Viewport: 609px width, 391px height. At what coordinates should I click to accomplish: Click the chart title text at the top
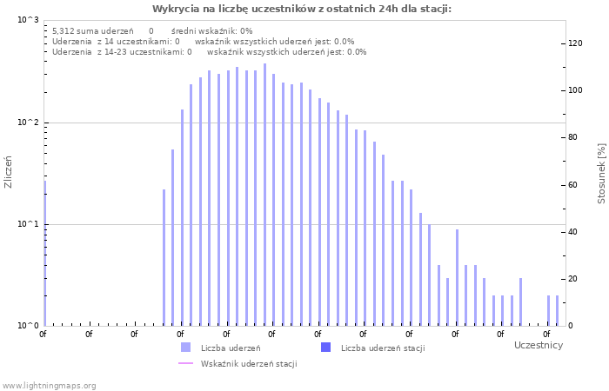pyautogui.click(x=302, y=9)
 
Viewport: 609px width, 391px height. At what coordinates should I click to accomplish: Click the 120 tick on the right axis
pyautogui.click(x=575, y=43)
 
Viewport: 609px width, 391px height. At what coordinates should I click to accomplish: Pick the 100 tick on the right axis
pyautogui.click(x=575, y=90)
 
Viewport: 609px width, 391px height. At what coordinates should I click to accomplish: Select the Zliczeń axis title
pyautogui.click(x=9, y=172)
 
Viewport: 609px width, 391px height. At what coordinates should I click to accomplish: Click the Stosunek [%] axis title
pyautogui.click(x=601, y=174)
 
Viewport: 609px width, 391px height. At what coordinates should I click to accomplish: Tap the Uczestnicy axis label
pyautogui.click(x=538, y=346)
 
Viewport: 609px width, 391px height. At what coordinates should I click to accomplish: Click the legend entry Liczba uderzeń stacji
pyautogui.click(x=382, y=348)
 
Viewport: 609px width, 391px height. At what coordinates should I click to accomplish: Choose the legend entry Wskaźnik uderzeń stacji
pyautogui.click(x=248, y=364)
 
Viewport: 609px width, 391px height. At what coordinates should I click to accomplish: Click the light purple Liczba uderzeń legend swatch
pyautogui.click(x=185, y=348)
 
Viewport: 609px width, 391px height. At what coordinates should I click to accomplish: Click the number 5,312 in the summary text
pyautogui.click(x=63, y=30)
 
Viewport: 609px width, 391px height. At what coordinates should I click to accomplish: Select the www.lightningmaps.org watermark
pyautogui.click(x=49, y=386)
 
